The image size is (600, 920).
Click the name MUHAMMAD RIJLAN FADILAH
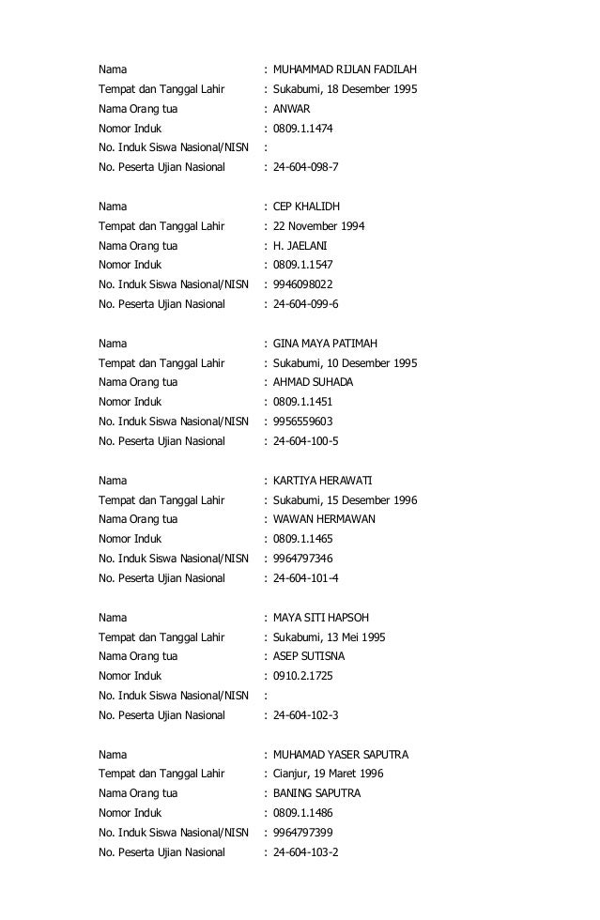point(345,69)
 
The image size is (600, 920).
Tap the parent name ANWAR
point(291,109)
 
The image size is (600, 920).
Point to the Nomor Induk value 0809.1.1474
point(302,129)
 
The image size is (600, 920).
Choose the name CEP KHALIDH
point(306,207)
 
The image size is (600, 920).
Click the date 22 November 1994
point(319,226)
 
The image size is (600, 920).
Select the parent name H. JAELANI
point(300,246)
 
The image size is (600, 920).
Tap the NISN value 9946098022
point(302,284)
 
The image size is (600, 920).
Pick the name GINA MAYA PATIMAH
point(325,344)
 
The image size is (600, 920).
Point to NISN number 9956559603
point(302,422)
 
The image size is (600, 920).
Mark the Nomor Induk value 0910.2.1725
point(302,676)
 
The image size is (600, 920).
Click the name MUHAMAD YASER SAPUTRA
point(341,755)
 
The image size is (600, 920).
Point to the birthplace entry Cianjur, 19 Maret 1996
point(328,774)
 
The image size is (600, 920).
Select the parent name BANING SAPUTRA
point(316,793)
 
